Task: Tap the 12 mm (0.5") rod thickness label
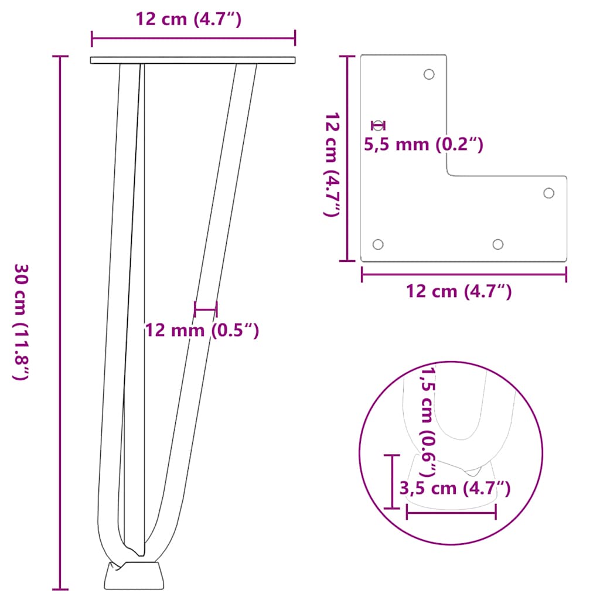tap(202, 330)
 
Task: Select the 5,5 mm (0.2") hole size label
tap(424, 144)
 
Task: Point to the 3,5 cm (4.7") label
tap(454, 488)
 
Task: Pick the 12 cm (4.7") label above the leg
tap(189, 20)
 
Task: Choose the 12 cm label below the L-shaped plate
tap(459, 291)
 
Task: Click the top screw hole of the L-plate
tap(429, 74)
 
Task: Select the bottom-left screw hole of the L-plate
tap(378, 244)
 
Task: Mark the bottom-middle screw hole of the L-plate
tap(498, 244)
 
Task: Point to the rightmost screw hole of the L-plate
tap(549, 193)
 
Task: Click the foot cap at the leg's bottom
tap(134, 575)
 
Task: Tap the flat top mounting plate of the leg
tap(193, 60)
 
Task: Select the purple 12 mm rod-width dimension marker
tap(206, 309)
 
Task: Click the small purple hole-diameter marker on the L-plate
tap(379, 125)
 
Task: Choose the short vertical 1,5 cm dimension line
tap(391, 480)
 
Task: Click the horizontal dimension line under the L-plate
tap(463, 274)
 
